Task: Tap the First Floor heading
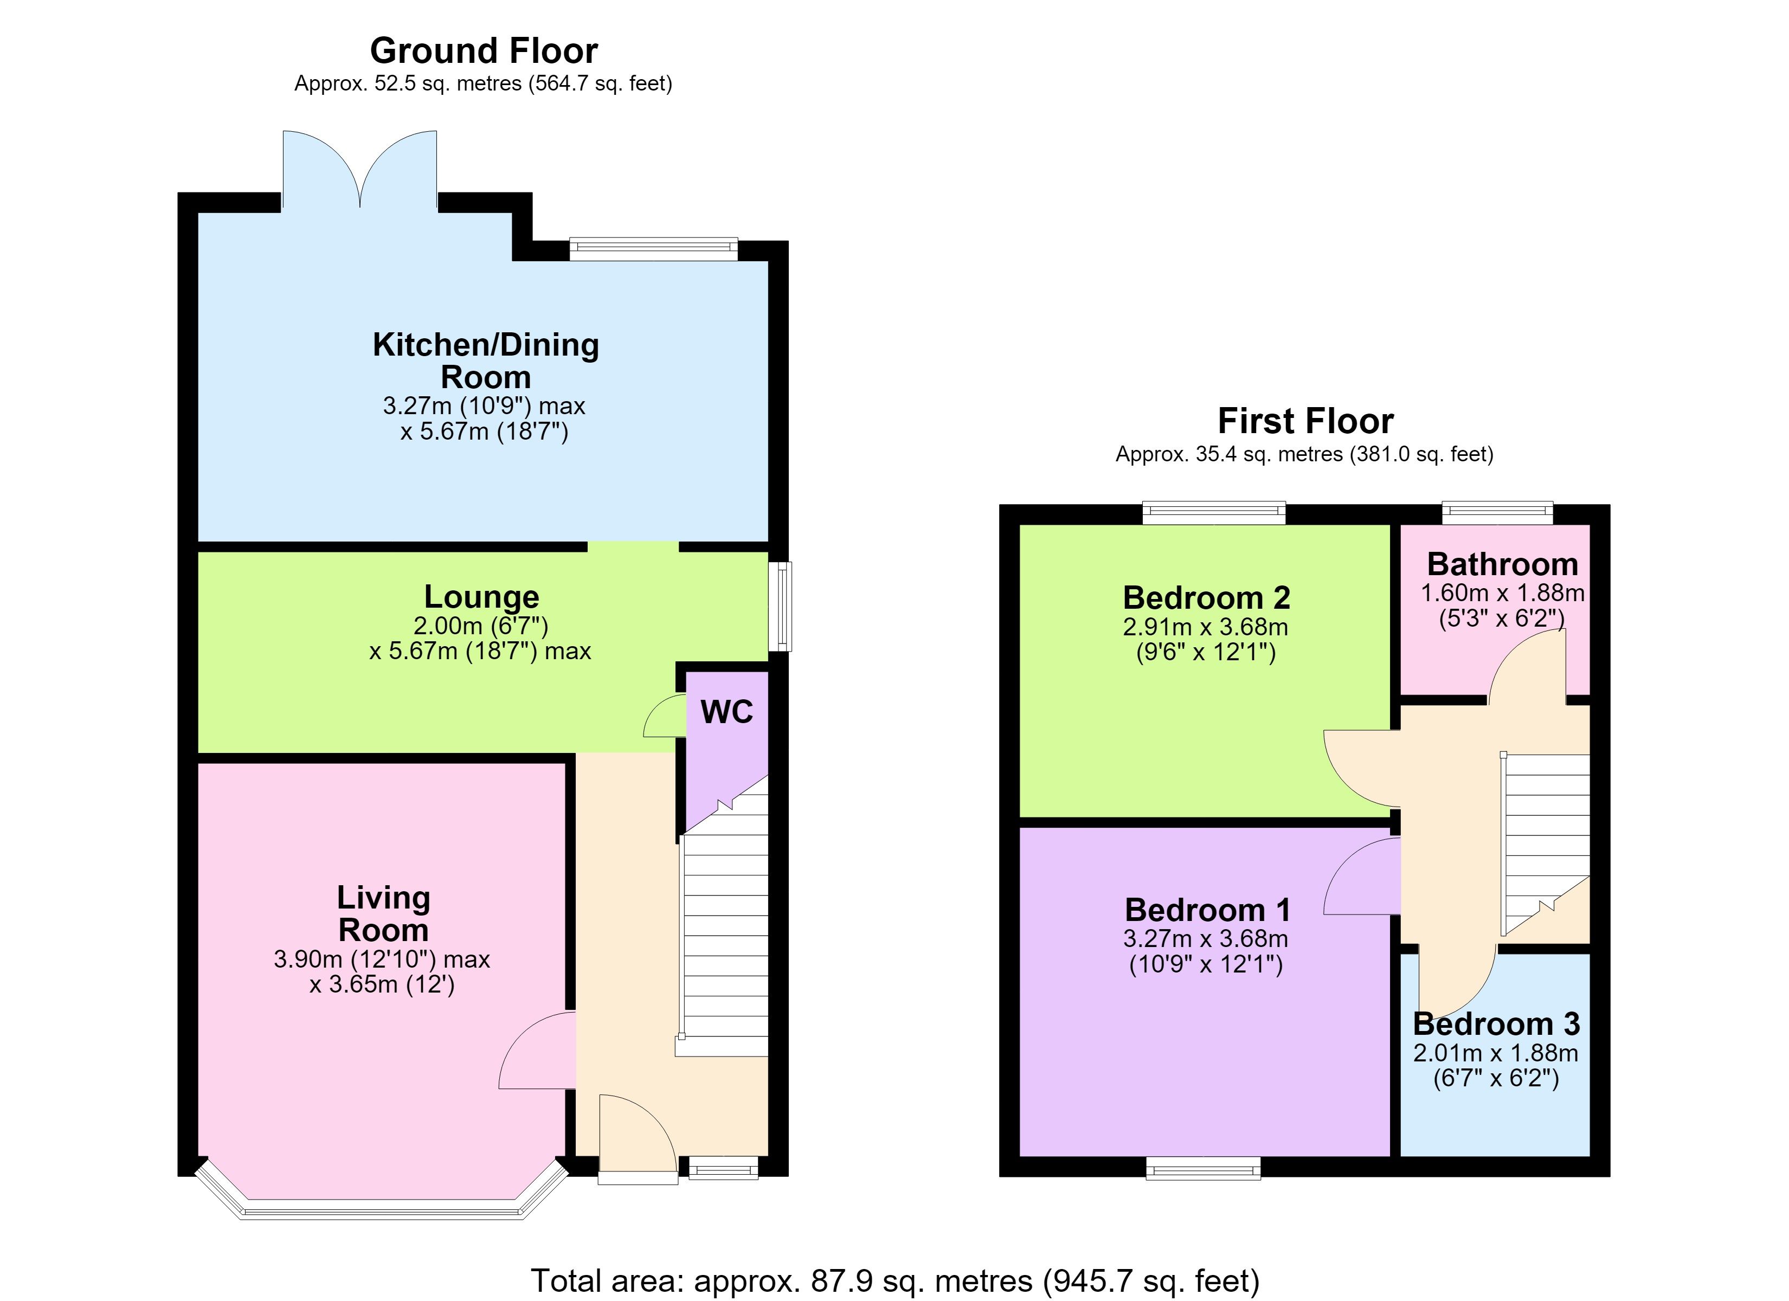click(1305, 421)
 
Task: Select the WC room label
click(726, 712)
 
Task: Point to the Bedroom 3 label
click(1496, 1024)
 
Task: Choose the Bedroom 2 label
click(1206, 598)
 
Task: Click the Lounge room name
click(481, 597)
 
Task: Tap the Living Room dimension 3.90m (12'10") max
click(382, 959)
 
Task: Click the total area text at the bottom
click(895, 1280)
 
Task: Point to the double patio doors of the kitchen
click(359, 170)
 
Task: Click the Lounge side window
click(780, 606)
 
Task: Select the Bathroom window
click(1497, 513)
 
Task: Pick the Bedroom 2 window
click(1214, 513)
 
